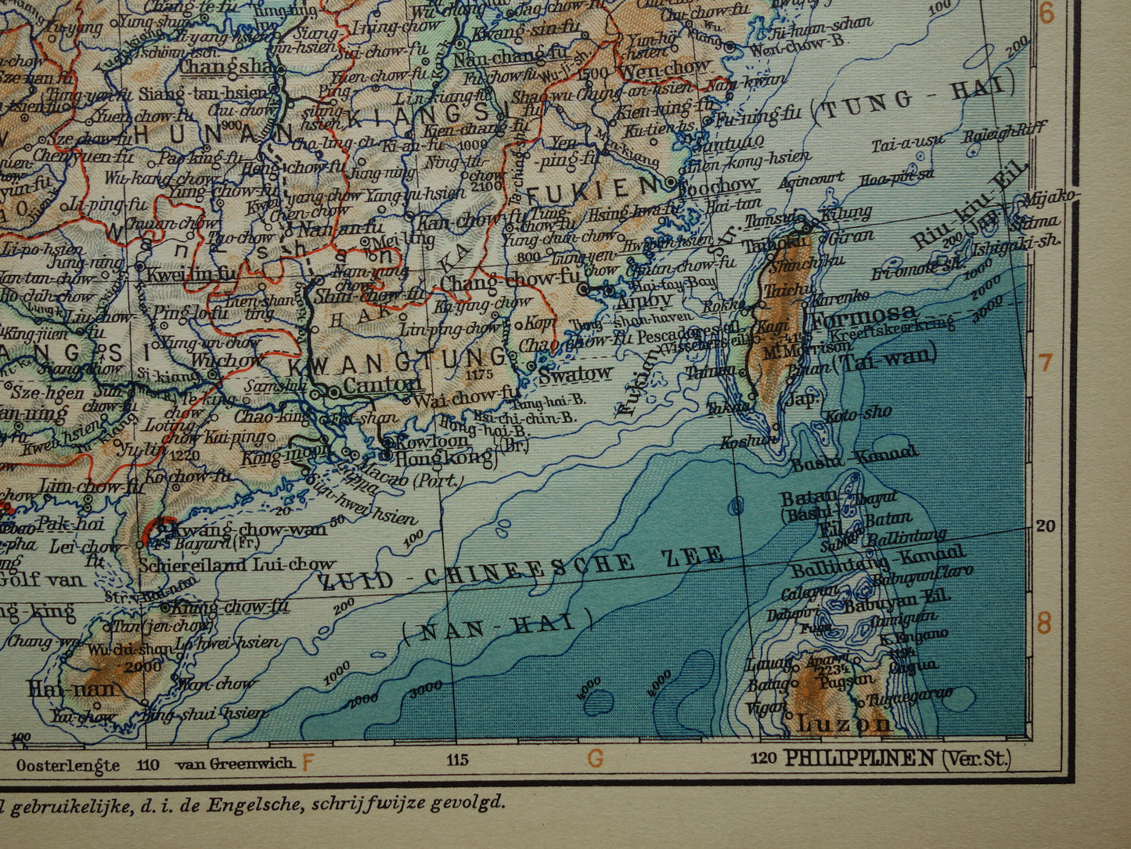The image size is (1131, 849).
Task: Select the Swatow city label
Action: pos(575,374)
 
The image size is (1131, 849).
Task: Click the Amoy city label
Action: pos(644,300)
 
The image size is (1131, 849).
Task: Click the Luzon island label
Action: pos(843,723)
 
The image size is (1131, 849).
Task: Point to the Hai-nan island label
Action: pos(73,689)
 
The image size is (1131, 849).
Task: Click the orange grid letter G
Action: pos(596,758)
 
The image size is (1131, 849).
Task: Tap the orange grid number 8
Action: pos(1044,624)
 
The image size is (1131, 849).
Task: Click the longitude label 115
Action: pos(456,759)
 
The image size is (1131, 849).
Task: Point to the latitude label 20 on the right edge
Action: pos(1046,526)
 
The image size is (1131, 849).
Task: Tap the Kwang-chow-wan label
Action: pos(242,529)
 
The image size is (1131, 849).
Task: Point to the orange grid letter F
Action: pos(308,760)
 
